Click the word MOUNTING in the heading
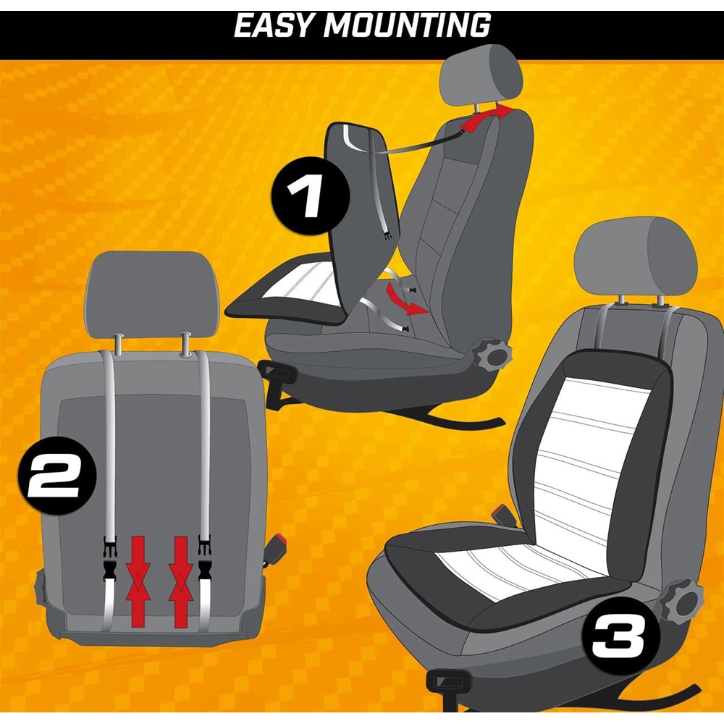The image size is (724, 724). [x=407, y=25]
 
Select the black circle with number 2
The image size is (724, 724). [x=56, y=476]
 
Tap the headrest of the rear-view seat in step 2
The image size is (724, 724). [x=151, y=294]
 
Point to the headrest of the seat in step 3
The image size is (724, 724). [x=636, y=256]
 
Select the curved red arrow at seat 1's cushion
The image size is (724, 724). [x=404, y=300]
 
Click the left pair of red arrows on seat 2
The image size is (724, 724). [x=138, y=582]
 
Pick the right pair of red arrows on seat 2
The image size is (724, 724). [x=180, y=582]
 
